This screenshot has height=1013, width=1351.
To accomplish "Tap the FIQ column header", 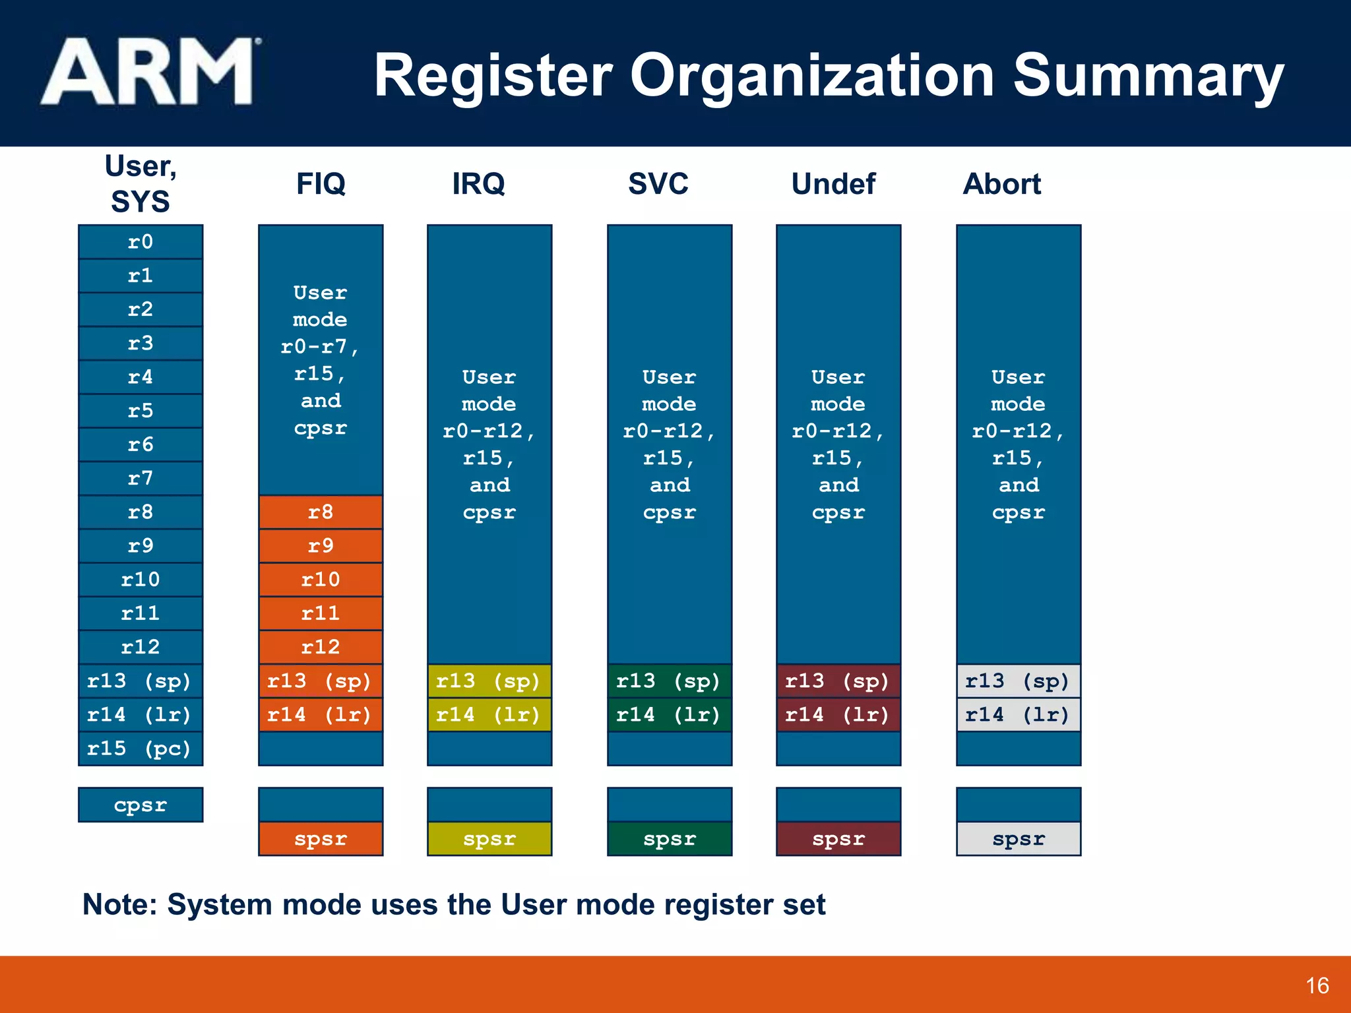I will (x=321, y=183).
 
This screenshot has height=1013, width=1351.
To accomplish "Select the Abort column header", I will (x=1001, y=184).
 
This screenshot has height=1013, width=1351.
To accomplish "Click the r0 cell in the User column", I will (x=141, y=242).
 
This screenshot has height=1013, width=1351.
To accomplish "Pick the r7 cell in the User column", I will (x=141, y=478).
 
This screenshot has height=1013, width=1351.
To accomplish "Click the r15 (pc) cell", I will (x=141, y=749).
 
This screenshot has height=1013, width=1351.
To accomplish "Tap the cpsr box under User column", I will (x=141, y=805).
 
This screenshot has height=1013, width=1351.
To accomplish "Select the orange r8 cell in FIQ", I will (x=321, y=512).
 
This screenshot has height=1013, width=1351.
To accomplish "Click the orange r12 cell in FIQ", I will (x=321, y=647).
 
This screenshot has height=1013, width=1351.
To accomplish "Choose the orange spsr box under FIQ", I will (x=321, y=839).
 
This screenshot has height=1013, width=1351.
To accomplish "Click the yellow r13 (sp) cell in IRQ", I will (x=489, y=681).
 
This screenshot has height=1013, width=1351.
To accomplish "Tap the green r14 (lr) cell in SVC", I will (x=669, y=715).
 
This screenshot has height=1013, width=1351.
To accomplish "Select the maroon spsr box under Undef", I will (x=838, y=839).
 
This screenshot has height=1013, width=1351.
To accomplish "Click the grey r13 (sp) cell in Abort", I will (x=1018, y=681).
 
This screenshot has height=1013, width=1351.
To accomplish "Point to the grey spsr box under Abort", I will (x=1018, y=839).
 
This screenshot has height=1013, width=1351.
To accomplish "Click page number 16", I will (x=1317, y=986).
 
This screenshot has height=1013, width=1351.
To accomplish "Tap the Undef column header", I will (x=833, y=184).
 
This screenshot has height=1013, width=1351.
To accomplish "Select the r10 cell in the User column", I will (x=141, y=580).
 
